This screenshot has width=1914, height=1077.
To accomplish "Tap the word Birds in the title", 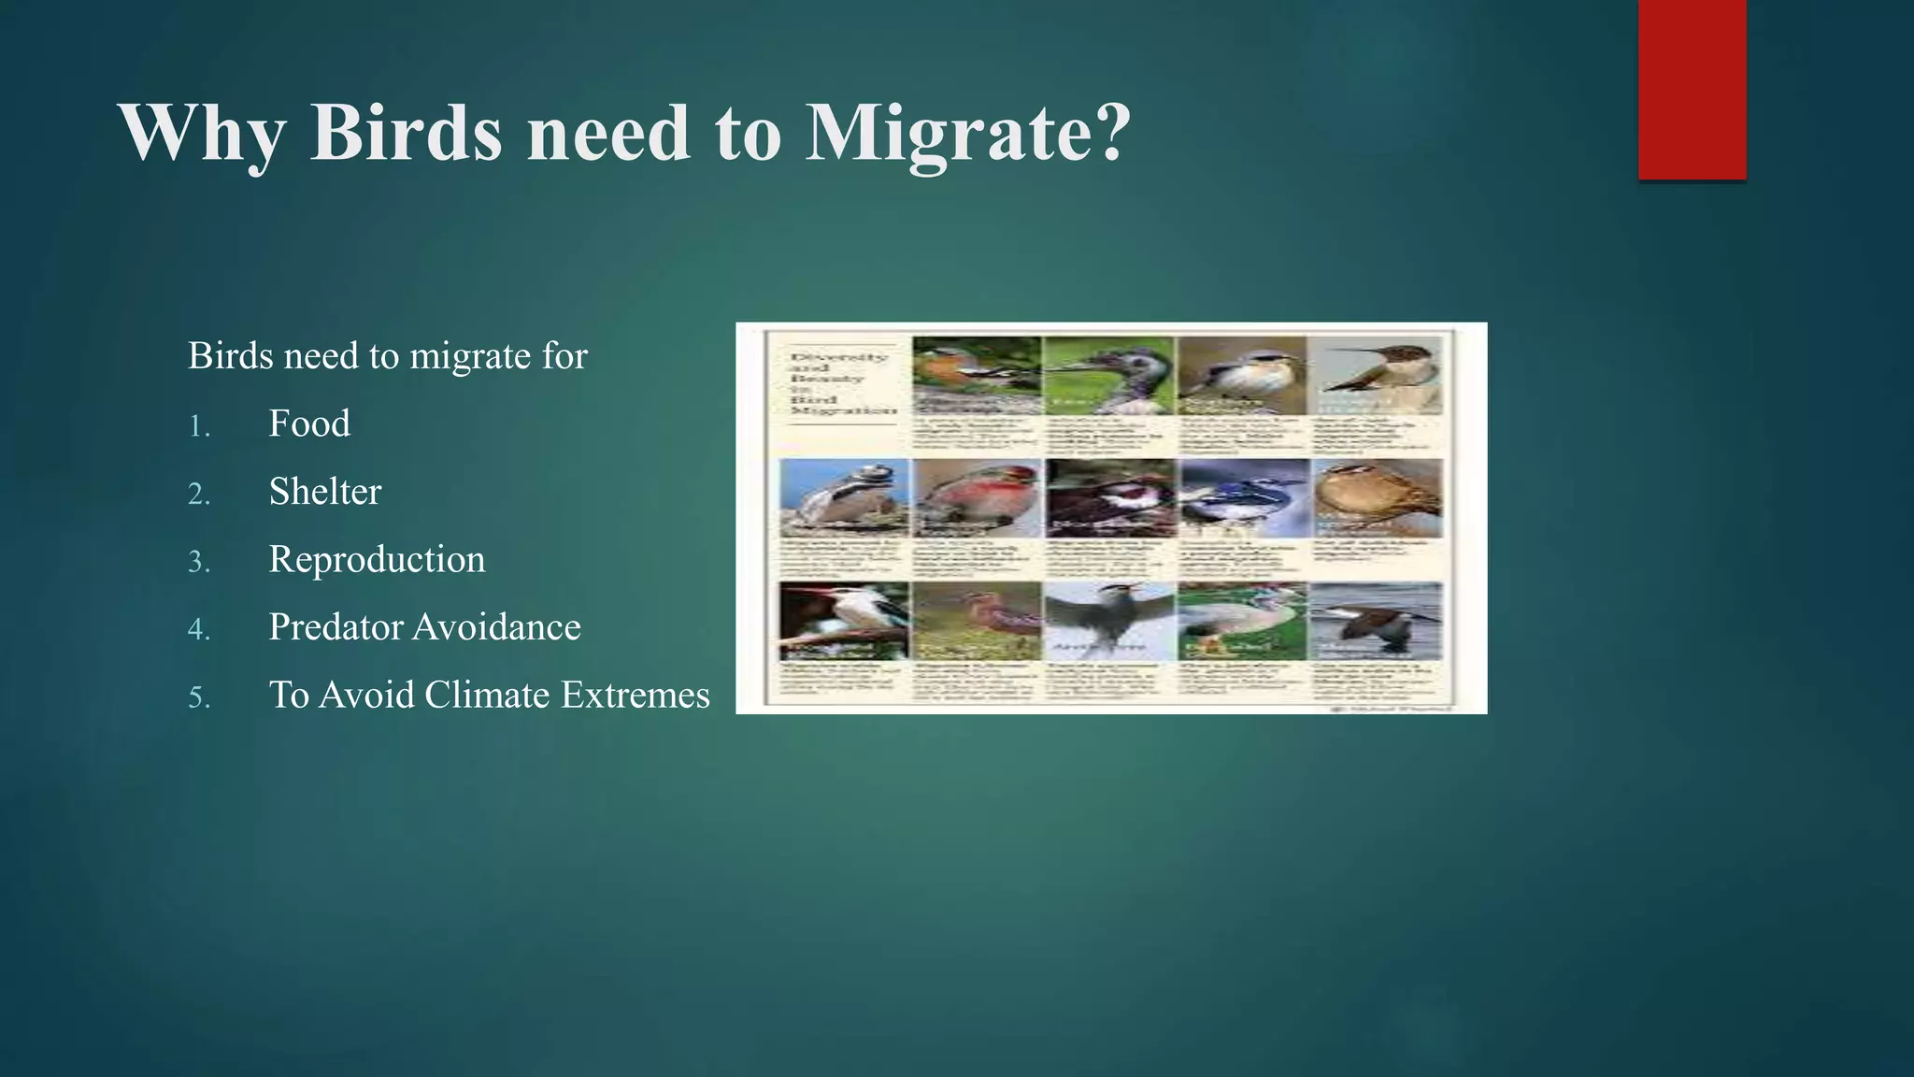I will pos(406,133).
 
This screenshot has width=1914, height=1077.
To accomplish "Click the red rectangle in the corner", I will pos(1692,90).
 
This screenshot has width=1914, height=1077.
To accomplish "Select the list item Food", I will pos(309,424).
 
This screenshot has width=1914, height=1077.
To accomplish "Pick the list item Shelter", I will pos(325,492).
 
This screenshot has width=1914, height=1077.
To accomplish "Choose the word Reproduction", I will pos(377,559).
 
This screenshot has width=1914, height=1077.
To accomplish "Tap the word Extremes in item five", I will pos(636,696).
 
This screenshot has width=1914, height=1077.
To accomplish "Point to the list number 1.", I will pos(198,427).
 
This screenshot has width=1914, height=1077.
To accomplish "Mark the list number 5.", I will pos(198,698).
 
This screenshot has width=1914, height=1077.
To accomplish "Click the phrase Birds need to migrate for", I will pos(387,356).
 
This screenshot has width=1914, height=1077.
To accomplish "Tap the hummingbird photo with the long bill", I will pos(1376,376).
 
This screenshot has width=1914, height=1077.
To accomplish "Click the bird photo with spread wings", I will pos(1109,621).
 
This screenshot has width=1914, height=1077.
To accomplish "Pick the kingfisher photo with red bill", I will pos(843,621).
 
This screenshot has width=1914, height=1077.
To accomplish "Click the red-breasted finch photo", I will pos(977,497).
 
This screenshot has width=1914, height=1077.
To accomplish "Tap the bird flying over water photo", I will pos(1376,621).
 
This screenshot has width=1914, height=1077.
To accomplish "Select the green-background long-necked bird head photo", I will pos(1109,376).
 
